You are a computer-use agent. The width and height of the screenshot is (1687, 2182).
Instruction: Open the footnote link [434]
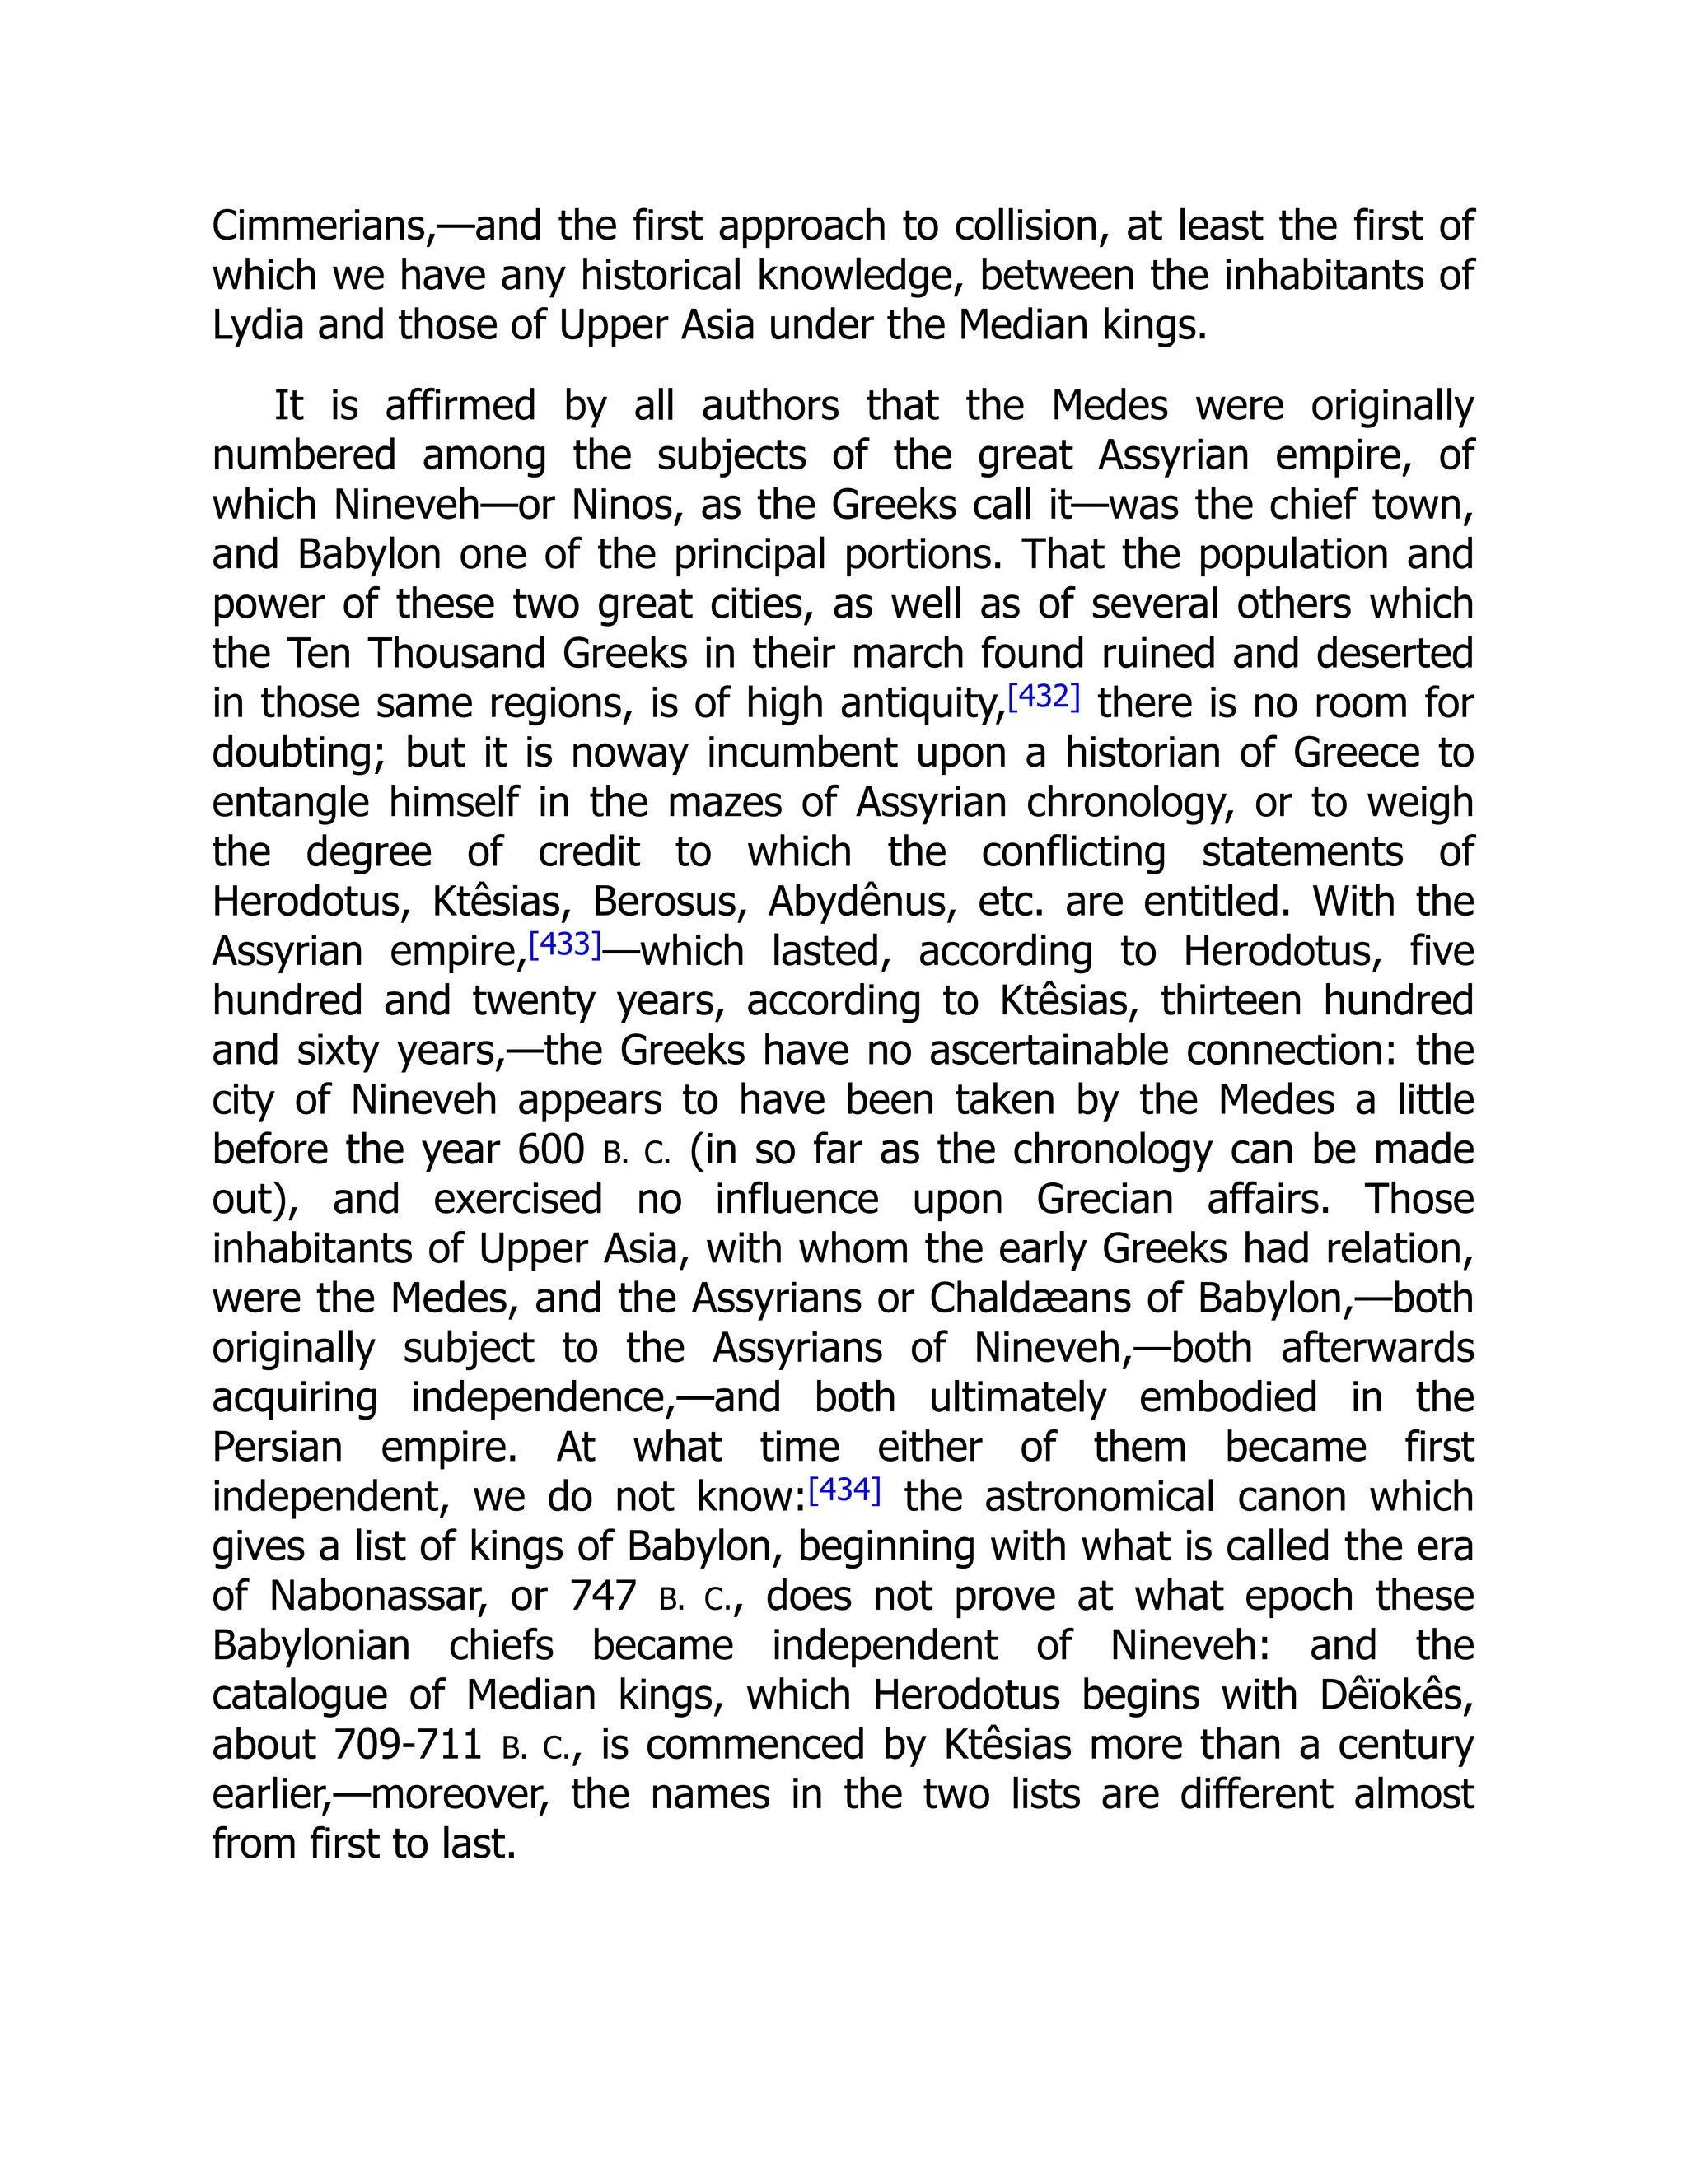pyautogui.click(x=844, y=1490)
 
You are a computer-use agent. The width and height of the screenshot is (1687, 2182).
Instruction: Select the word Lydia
pyautogui.click(x=257, y=326)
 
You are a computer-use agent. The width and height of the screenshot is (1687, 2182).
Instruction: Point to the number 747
pyautogui.click(x=603, y=1596)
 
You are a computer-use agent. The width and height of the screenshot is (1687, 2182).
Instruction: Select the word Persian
pyautogui.click(x=277, y=1447)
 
